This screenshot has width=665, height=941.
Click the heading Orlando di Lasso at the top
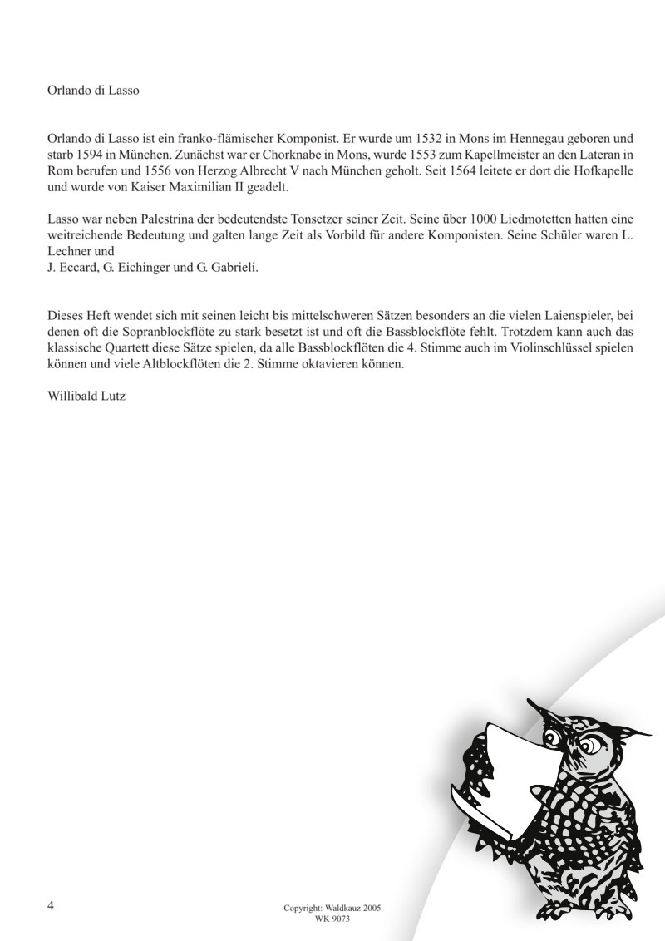[93, 91]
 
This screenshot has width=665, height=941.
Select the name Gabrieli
[236, 267]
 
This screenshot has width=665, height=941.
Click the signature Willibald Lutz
[88, 397]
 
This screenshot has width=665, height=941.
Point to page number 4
[51, 903]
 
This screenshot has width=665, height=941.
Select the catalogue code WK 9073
[332, 919]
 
